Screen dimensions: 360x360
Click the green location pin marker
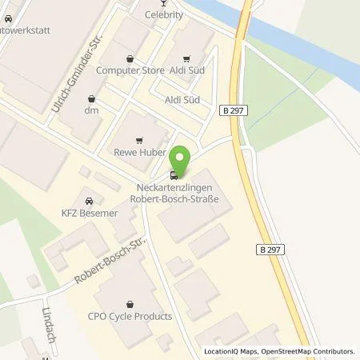pos(182,158)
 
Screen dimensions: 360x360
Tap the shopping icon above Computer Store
pos(129,57)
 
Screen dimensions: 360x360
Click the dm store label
pos(90,110)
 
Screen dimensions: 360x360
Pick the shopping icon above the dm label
pos(90,97)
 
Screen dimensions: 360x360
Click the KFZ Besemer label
pos(89,213)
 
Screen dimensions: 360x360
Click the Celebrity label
pos(164,14)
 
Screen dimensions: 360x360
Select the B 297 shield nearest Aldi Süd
pos(230,113)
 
